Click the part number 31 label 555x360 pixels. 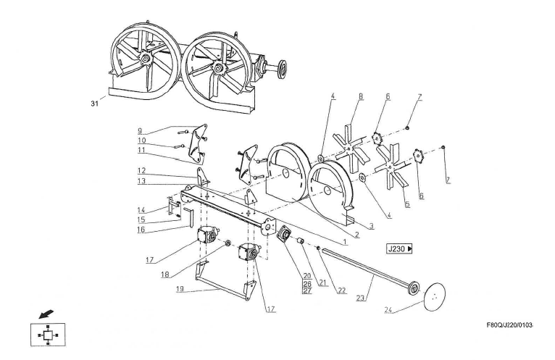point(93,104)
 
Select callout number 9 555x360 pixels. point(139,130)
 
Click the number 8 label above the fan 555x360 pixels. point(360,96)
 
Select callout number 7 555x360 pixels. point(420,96)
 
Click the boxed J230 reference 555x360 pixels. point(400,248)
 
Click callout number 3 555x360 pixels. point(370,227)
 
